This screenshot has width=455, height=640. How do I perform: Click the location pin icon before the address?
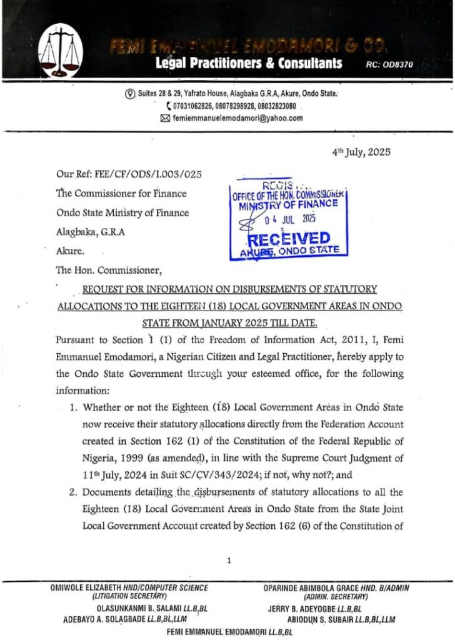coord(130,94)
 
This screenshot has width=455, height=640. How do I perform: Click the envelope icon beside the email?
coord(165,118)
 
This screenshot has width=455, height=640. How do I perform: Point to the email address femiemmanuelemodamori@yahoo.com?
coord(237,118)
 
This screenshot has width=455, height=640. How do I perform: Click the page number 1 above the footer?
coord(229,560)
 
